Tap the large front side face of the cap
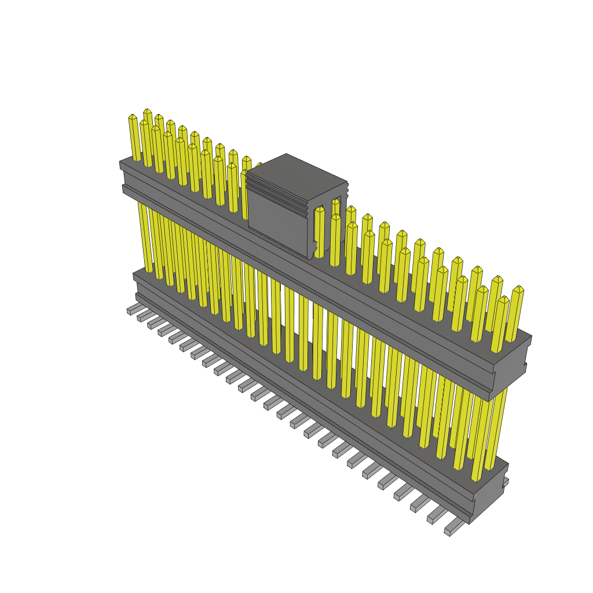tap(278, 217)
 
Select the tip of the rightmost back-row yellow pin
tap(518, 288)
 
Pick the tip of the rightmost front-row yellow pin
tap(503, 299)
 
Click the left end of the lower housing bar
tap(137, 284)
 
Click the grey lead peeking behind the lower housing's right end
tap(506, 481)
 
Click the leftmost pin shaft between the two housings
tap(144, 237)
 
